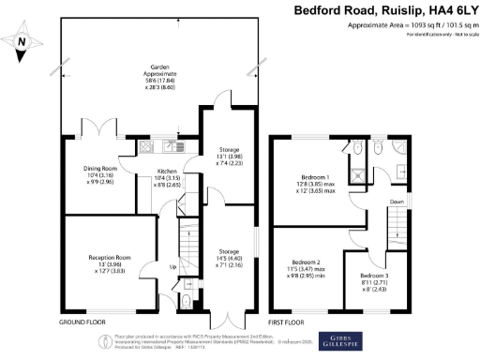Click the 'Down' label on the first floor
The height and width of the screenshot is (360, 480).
(x=397, y=201)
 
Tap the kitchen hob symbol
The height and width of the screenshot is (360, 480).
(x=146, y=146)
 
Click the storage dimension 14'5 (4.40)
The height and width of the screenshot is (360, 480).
(x=226, y=259)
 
